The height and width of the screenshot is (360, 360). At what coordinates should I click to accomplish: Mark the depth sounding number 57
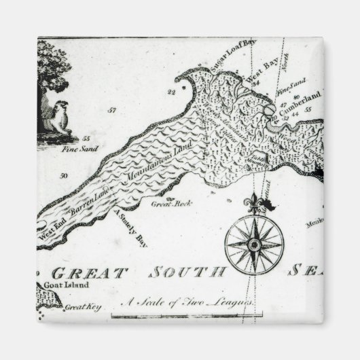point(111,110)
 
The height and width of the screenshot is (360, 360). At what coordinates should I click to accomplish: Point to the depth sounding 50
point(64,175)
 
